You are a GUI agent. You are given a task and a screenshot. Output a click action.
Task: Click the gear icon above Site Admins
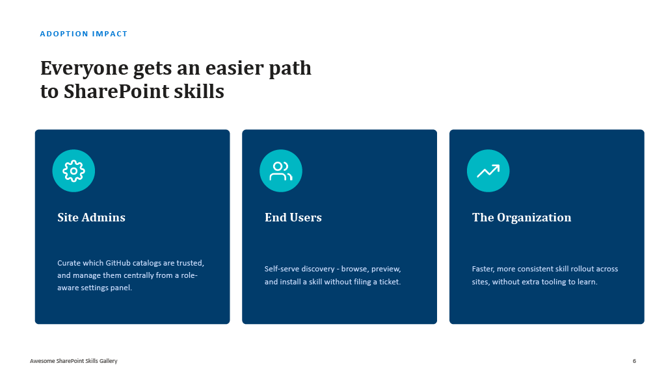tap(73, 171)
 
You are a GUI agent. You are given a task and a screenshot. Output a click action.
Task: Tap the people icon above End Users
tap(281, 171)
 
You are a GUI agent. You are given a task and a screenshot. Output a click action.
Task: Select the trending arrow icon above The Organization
tap(488, 171)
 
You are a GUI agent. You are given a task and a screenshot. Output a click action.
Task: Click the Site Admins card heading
tap(91, 218)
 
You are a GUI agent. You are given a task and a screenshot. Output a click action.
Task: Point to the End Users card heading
tap(293, 218)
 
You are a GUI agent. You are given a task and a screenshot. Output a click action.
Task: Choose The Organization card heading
tap(522, 218)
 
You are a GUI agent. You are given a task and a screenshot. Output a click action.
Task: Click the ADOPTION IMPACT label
tap(84, 34)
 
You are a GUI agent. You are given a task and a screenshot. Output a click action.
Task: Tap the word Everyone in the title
tap(84, 69)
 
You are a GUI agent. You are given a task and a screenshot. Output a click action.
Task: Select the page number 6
tap(634, 361)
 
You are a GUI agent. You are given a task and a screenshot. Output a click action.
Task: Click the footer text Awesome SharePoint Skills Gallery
tap(73, 361)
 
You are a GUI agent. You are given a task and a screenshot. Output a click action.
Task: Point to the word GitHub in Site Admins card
tap(118, 263)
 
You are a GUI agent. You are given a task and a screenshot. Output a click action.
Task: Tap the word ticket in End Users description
tap(390, 282)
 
